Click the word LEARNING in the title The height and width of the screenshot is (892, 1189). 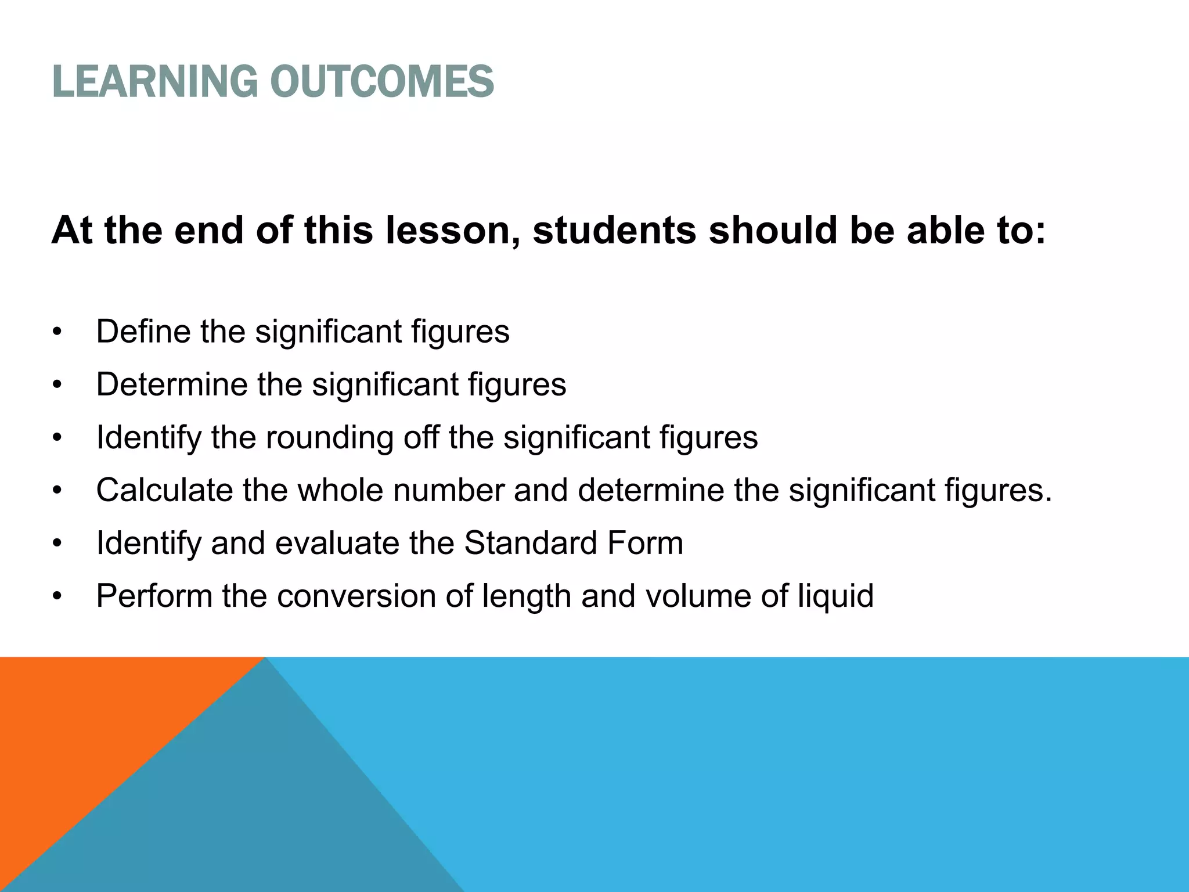(x=154, y=81)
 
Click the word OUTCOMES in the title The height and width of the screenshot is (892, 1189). (x=381, y=81)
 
